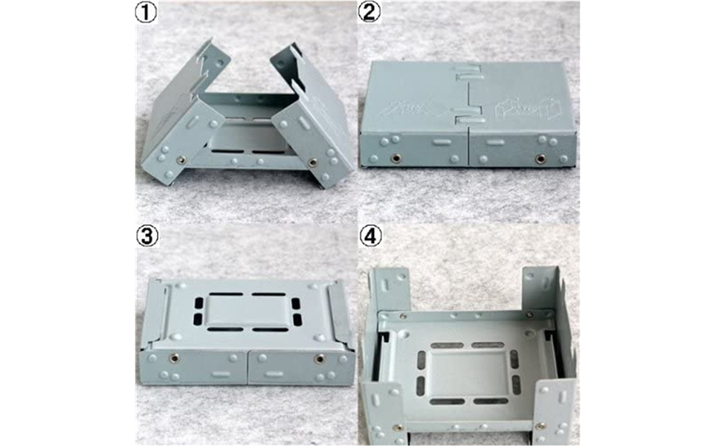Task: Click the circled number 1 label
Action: [146, 13]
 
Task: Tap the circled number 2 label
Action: [369, 13]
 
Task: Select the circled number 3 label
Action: [147, 236]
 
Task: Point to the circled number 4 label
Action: [371, 236]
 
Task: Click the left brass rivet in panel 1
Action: [181, 160]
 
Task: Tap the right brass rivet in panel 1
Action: [313, 162]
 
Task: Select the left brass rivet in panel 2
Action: [395, 158]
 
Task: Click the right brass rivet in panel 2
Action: [540, 159]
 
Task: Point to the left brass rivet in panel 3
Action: [174, 358]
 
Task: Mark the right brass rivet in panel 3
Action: [319, 358]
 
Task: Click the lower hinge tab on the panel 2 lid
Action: [468, 120]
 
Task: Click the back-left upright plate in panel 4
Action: [390, 290]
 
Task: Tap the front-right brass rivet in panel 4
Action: [541, 426]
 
